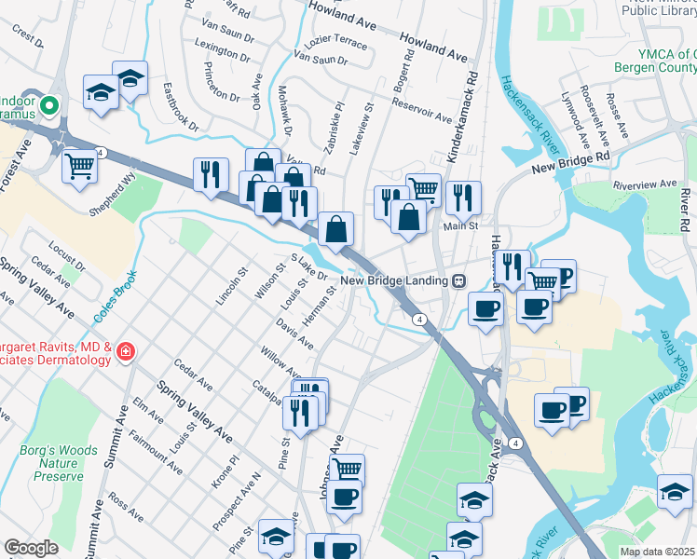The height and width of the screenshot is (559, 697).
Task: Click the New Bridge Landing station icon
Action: (x=459, y=280)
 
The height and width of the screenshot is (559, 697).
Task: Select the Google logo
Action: (x=32, y=548)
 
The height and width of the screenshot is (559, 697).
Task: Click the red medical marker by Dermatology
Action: (x=125, y=351)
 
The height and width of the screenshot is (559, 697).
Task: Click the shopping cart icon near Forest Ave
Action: (x=80, y=166)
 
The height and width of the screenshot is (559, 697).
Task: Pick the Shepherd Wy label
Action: (x=113, y=183)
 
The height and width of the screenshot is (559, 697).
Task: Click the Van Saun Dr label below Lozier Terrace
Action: (x=321, y=61)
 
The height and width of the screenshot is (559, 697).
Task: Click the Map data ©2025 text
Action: (x=657, y=552)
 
